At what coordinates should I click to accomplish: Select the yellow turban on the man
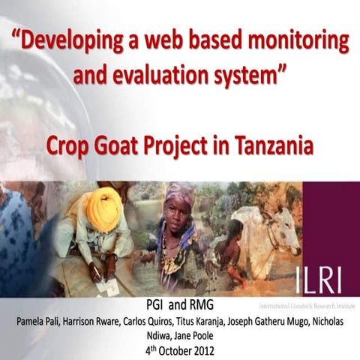coord(104,209)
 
